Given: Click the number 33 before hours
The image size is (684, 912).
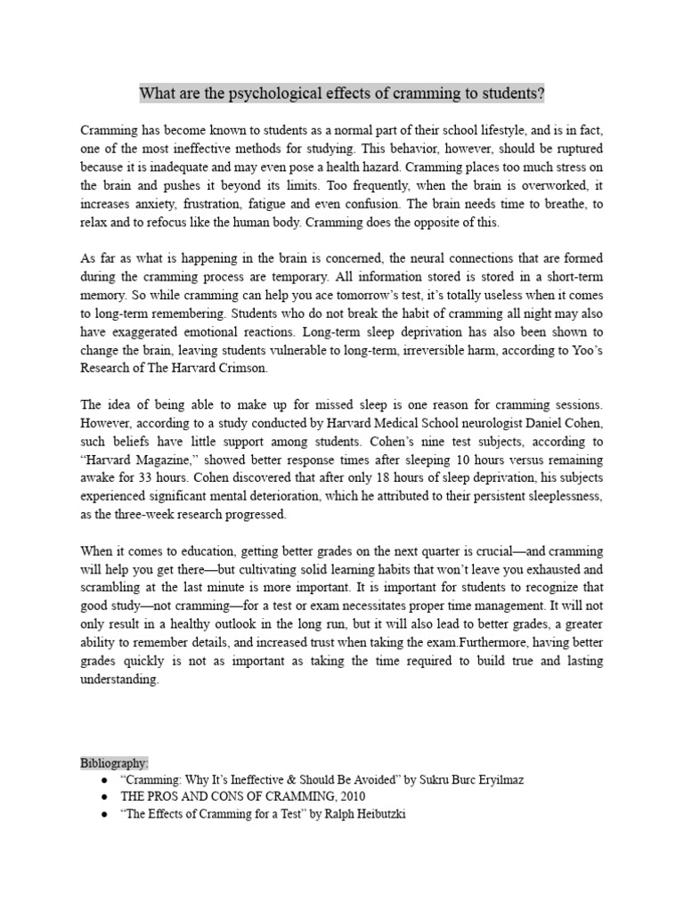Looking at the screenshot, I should tap(137, 479).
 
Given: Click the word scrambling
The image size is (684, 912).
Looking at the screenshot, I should tap(110, 589).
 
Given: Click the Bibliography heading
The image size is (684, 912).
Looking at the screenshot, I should tap(114, 763).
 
